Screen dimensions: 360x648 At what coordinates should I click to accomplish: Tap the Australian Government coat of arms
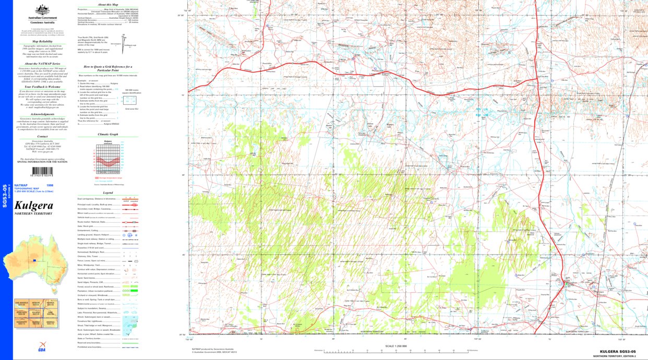click(42, 9)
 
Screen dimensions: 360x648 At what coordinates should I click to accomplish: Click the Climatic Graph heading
click(108, 134)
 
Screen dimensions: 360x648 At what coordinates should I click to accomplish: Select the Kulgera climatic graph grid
click(108, 159)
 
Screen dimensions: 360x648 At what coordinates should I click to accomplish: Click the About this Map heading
click(108, 5)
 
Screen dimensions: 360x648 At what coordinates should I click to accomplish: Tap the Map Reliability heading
click(42, 41)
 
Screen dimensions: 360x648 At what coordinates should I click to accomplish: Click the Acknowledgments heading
click(42, 114)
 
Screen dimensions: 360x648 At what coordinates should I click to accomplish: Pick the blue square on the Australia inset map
click(34, 259)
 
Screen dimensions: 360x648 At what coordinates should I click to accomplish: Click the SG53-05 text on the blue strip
click(5, 196)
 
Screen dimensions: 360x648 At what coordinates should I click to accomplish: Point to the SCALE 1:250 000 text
click(395, 346)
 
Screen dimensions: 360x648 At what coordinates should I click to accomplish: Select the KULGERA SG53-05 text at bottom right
click(617, 352)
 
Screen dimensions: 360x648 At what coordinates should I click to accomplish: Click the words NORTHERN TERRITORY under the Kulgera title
click(33, 214)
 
